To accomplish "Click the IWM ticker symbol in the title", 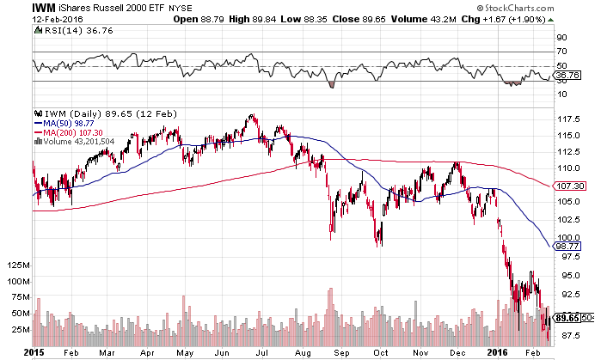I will coord(18,6).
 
